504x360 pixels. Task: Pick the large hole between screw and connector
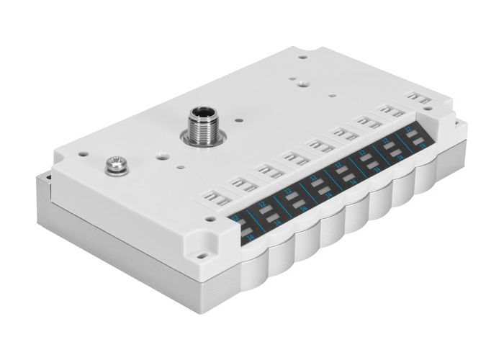[x=164, y=153]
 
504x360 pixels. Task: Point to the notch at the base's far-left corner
[x=47, y=174]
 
